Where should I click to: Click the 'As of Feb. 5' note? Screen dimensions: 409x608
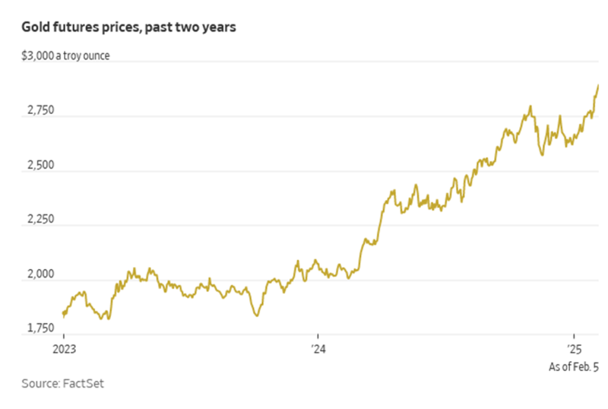[574, 367]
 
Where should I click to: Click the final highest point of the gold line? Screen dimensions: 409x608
[598, 85]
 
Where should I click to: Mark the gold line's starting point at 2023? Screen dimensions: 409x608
[63, 313]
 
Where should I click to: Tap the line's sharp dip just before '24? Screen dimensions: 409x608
[257, 315]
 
